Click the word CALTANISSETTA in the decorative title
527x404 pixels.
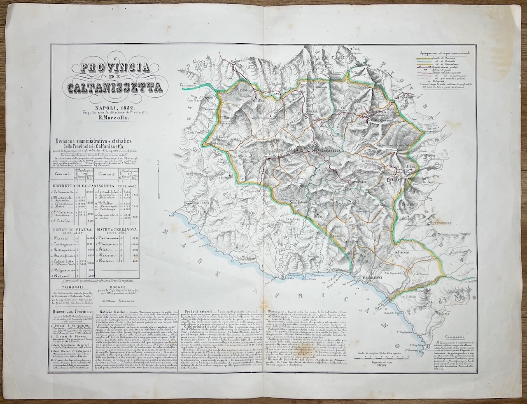coord(116,87)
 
